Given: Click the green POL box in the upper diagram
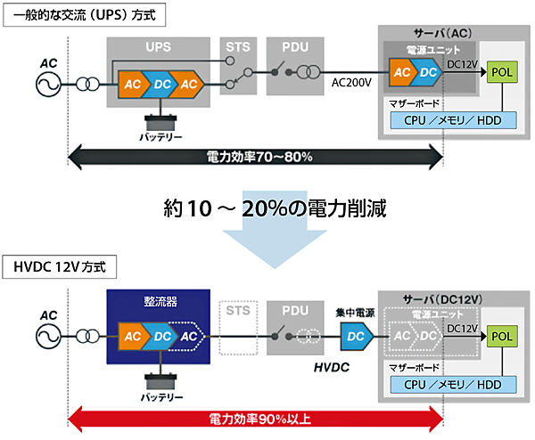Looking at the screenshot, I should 502,71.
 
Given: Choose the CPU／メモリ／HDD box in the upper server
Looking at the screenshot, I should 453,119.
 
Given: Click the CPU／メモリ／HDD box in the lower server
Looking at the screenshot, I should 453,383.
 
